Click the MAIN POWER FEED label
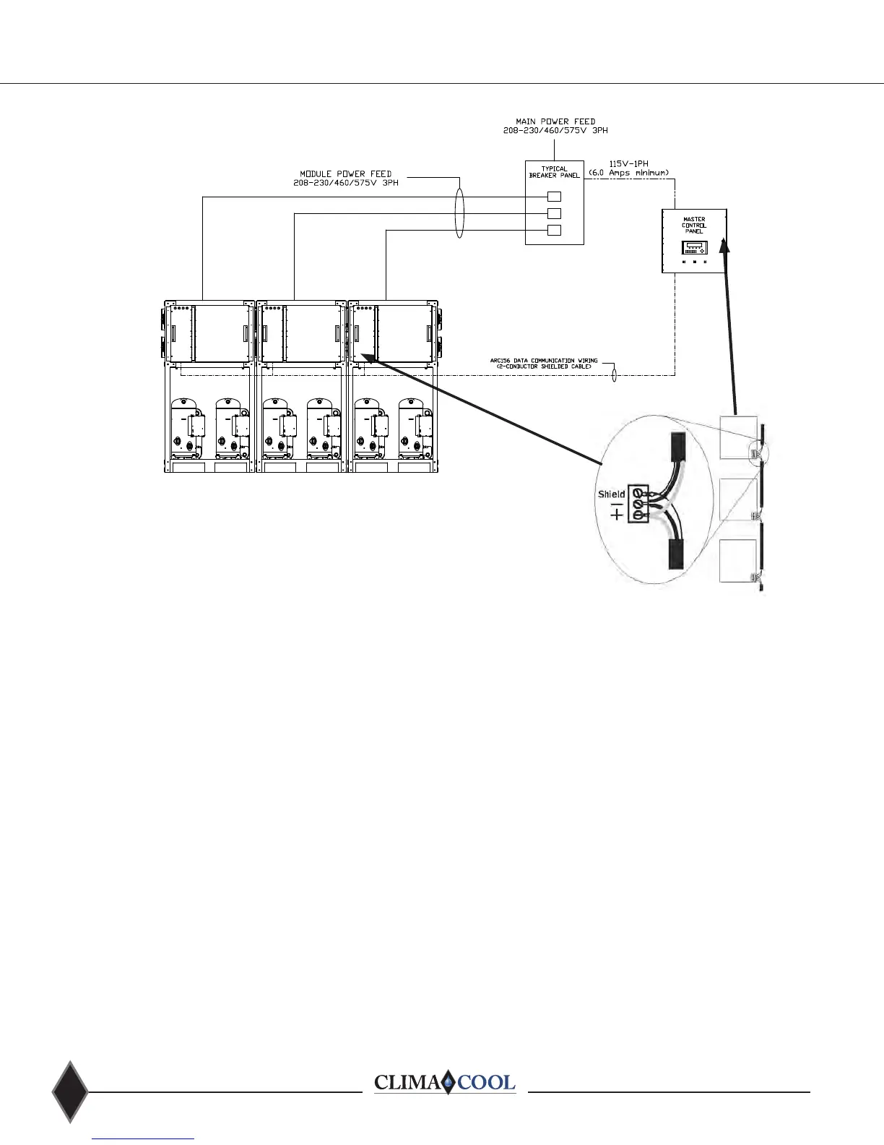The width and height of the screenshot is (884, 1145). [x=555, y=126]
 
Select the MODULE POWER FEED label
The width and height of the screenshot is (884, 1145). [x=346, y=178]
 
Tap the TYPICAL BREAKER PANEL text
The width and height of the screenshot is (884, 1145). [x=554, y=172]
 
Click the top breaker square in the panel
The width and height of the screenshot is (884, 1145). [x=554, y=196]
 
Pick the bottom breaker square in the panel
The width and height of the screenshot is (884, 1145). [x=554, y=231]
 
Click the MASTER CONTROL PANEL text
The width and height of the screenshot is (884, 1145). [x=694, y=225]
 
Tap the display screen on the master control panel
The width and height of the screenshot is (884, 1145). [x=693, y=248]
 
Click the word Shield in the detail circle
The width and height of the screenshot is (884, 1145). [x=611, y=494]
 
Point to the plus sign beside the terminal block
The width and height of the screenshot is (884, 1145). [x=616, y=515]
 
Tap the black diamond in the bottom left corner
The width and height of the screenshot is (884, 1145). [x=70, y=1092]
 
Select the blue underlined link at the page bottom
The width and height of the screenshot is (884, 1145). [x=144, y=1138]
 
